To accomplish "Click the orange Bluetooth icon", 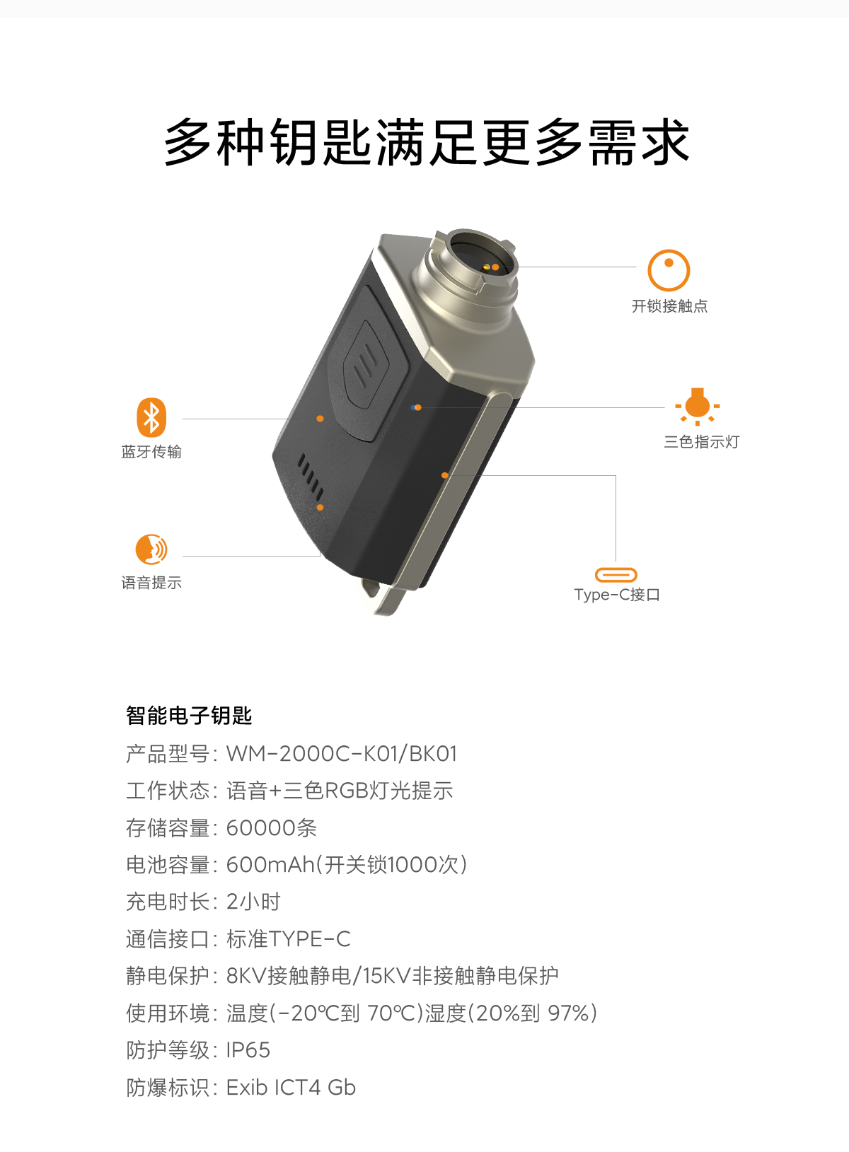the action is (151, 417).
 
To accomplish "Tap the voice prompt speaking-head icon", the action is (151, 549).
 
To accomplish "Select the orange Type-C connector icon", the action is (616, 574).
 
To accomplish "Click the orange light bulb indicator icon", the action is (697, 407).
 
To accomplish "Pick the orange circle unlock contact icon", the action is (669, 271).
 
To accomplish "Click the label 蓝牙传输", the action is (151, 452).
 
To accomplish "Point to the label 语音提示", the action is (151, 583).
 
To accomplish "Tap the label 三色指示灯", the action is (701, 442).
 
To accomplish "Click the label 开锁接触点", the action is (669, 306).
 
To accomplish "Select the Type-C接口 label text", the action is (617, 595).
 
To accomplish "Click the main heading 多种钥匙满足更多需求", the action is (426, 142).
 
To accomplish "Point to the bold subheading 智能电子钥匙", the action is (189, 716).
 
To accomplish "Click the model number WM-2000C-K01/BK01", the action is (342, 753).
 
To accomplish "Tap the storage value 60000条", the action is (272, 828).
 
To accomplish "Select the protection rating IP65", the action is (248, 1049).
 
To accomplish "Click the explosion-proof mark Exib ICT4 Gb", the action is (291, 1087).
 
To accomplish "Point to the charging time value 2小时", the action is (254, 902).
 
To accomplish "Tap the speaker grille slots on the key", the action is (311, 476).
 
